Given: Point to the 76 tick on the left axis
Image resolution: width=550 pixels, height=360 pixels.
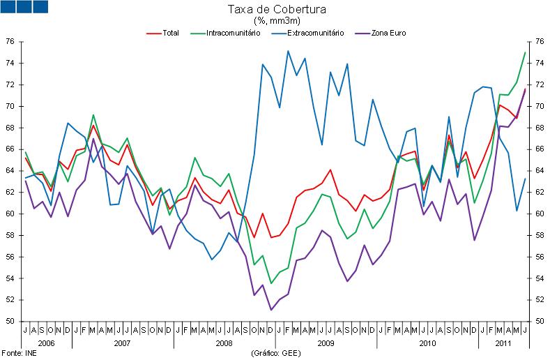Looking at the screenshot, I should click(10, 41).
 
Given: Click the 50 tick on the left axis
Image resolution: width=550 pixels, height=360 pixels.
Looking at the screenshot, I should click(10, 322).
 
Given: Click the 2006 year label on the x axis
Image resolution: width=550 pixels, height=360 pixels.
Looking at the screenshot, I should click(47, 343).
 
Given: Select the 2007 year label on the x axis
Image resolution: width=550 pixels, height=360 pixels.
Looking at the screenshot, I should click(123, 343).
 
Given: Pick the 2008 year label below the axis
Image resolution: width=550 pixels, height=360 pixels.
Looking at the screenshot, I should click(224, 343).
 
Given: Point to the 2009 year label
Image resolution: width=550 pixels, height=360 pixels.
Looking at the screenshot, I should click(326, 343).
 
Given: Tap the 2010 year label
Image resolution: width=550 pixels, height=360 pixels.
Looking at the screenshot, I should click(427, 343).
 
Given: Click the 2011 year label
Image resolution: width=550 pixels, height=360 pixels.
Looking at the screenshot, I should click(503, 343).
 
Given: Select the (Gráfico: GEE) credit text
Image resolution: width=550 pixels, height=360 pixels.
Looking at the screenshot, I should click(277, 353).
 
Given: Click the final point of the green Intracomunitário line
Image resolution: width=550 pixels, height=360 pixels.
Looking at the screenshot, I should click(525, 52).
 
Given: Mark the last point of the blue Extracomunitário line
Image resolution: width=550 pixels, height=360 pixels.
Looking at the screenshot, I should click(525, 179).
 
